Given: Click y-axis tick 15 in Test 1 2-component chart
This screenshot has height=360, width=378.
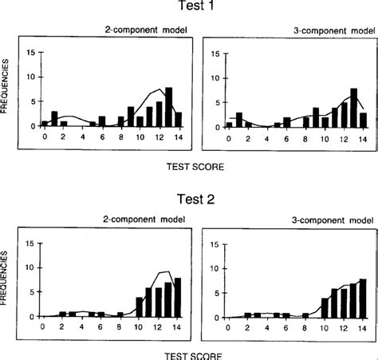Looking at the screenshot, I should coord(30,53).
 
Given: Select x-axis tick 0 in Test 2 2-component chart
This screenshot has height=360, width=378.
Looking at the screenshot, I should coord(45,326).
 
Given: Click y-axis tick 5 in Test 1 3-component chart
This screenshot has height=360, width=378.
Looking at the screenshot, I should coord(217,103).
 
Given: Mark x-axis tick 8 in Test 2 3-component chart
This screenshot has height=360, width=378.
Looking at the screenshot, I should coord(305,326).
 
